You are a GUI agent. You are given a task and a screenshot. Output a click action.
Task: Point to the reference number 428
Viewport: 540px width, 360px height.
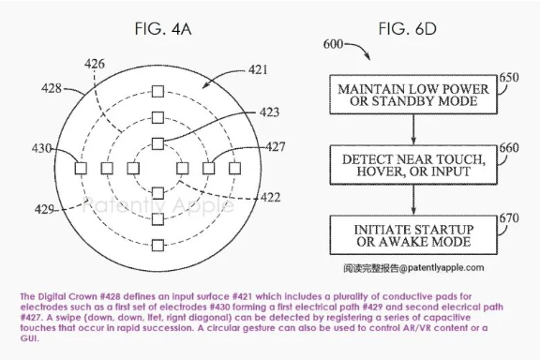coord(54,89)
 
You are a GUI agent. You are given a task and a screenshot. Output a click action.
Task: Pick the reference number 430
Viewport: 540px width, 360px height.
coord(40,148)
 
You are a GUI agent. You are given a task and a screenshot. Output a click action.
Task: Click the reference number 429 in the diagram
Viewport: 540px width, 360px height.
coord(42,207)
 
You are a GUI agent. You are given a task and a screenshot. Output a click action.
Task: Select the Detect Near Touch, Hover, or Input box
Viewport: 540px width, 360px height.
coord(396,163)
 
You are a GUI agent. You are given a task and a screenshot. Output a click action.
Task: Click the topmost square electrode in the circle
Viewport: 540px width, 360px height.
coord(157,92)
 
